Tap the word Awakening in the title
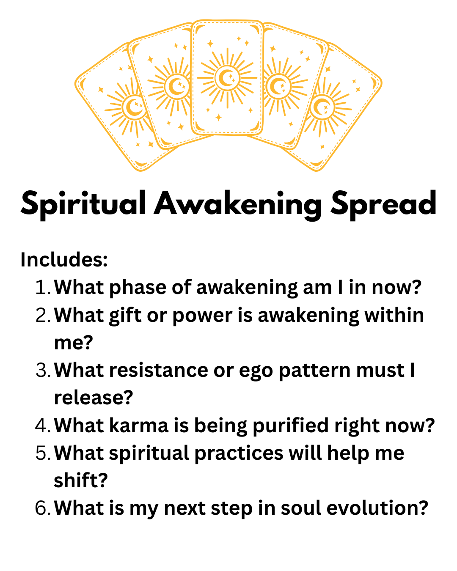237,204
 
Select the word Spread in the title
383,203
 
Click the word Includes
64,260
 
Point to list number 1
43,288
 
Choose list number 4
43,426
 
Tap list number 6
43,508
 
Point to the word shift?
81,480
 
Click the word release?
94,398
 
